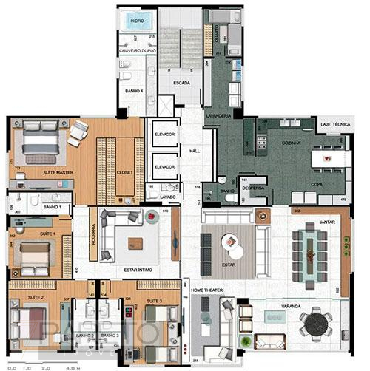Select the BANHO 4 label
(x=132, y=90)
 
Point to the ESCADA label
(x=181, y=84)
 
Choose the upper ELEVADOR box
(x=164, y=134)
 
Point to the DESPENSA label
(x=253, y=188)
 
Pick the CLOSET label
(x=124, y=172)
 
